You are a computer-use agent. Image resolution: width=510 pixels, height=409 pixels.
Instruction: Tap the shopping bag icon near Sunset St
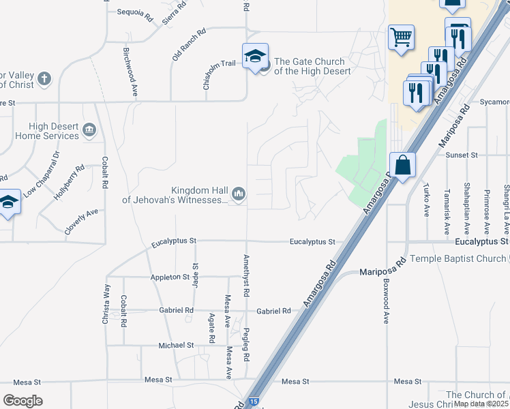click(x=402, y=165)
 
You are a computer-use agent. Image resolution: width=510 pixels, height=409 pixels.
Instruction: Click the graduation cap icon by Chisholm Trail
click(x=255, y=55)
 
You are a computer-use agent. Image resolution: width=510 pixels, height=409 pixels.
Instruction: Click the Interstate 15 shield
click(x=253, y=402)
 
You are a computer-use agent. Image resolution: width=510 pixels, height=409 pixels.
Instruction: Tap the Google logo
click(x=22, y=401)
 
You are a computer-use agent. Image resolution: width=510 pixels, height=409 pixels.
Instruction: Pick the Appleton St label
click(x=170, y=277)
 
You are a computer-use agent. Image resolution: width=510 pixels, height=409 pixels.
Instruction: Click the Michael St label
click(x=176, y=346)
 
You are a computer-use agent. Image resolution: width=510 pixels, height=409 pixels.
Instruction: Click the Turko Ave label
click(x=425, y=200)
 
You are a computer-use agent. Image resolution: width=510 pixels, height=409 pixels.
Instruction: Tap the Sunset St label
click(x=462, y=155)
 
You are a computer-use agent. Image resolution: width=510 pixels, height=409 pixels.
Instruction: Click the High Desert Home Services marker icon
click(x=89, y=130)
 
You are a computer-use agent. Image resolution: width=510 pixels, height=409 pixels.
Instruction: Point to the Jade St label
click(x=195, y=276)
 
